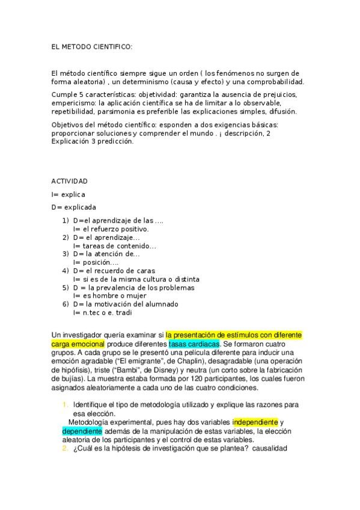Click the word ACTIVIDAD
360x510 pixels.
click(70, 181)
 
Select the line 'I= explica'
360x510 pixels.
click(69, 194)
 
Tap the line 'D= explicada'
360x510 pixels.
click(73, 207)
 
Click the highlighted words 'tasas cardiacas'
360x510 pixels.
click(194, 343)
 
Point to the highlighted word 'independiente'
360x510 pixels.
click(255, 422)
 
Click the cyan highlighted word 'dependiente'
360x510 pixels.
click(82, 431)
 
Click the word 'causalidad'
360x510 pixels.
click(270, 449)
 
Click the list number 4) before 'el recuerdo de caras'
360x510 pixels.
click(66, 271)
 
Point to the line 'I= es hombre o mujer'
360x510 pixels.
click(109, 296)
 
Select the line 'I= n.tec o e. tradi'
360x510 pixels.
click(103, 313)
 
